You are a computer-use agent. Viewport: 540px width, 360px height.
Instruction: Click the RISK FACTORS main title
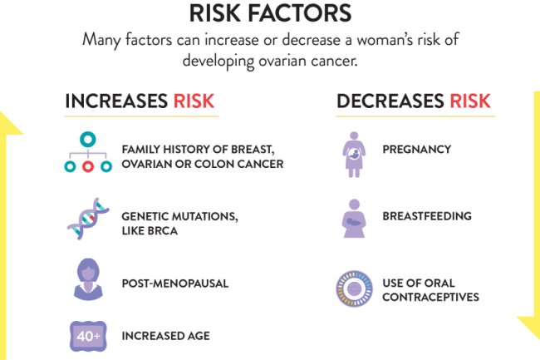(270, 12)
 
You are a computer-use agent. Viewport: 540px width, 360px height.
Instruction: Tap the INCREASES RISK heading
(140, 102)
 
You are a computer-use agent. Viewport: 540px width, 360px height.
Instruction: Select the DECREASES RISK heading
(413, 102)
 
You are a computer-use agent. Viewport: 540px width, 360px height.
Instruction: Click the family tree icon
(87, 152)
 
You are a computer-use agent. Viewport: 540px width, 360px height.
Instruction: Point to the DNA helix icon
(88, 219)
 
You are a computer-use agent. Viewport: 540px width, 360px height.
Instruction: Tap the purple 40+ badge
(87, 336)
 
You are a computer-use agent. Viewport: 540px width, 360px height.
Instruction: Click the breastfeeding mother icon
(355, 219)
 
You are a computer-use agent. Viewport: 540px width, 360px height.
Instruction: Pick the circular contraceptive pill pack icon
(354, 288)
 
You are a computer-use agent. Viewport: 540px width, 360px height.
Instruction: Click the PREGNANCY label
(416, 150)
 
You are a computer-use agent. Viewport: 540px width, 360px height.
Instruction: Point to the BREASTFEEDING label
(426, 216)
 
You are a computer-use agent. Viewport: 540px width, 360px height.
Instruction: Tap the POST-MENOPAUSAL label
(174, 284)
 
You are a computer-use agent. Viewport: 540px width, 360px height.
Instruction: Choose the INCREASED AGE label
(165, 336)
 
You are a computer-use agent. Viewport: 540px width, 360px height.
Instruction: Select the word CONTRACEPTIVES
(430, 297)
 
